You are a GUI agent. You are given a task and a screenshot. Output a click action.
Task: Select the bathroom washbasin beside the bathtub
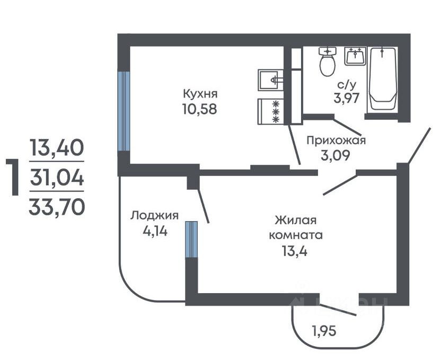(355, 56)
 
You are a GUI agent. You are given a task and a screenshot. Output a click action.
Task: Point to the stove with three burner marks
(271, 112)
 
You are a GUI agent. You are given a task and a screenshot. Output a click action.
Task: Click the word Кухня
(200, 94)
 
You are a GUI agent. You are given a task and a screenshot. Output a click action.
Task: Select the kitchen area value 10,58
(200, 110)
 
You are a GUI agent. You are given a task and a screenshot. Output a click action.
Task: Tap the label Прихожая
(337, 141)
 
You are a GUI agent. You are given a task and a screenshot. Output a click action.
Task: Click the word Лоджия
(154, 215)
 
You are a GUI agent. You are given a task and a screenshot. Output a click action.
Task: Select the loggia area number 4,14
(154, 231)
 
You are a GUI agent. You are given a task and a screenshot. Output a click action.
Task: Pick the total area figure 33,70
(57, 206)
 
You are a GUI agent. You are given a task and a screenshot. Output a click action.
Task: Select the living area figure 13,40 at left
(57, 146)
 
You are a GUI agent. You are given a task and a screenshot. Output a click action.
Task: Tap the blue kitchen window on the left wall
(124, 111)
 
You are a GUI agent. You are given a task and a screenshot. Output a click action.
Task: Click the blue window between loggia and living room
(191, 239)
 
